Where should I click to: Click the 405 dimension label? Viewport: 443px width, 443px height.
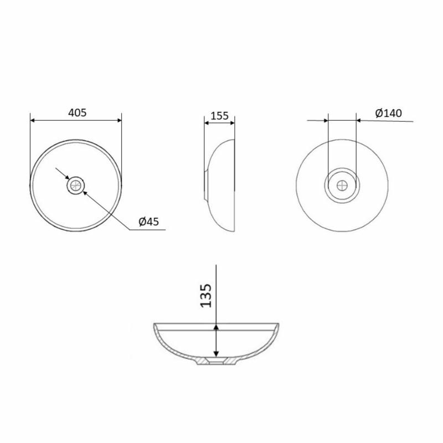click(77, 113)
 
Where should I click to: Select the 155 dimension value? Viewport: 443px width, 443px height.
click(219, 116)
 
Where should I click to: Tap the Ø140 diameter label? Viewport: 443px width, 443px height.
click(389, 113)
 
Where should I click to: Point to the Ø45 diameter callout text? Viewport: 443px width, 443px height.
click(148, 221)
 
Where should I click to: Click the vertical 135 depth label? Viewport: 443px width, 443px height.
click(205, 296)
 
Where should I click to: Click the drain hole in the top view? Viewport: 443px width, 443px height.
click(76, 186)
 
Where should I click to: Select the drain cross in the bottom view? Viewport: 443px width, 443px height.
click(342, 186)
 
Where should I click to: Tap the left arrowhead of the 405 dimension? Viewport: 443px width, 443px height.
click(33, 120)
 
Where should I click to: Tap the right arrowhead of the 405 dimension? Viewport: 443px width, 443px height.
click(119, 120)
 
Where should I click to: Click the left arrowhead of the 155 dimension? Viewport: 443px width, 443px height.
click(207, 123)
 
